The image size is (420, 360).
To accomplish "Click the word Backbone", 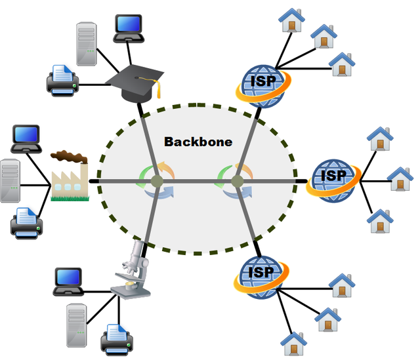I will coord(198,142).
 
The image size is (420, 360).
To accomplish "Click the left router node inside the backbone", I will coord(157,181).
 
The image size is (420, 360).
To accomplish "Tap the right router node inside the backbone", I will coord(237,181).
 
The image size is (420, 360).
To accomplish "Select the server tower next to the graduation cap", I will coord(87,44).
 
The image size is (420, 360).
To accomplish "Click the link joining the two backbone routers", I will coord(197,181).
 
